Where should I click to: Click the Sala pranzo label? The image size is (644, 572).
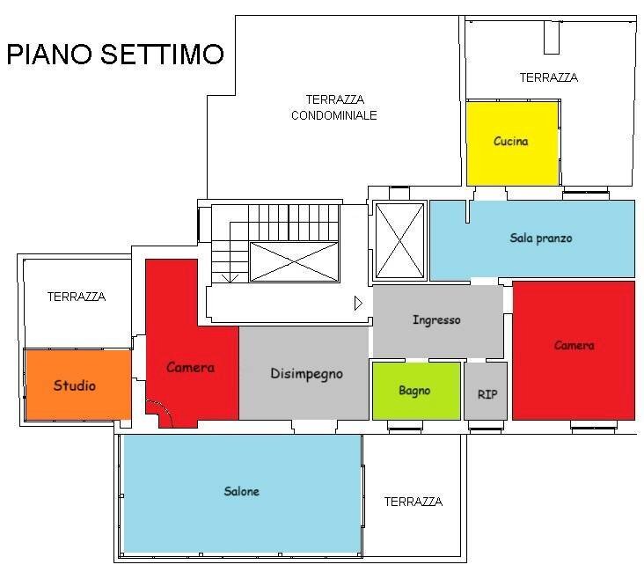click(541, 238)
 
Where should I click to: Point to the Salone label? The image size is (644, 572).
click(241, 491)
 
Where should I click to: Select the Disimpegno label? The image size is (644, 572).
click(305, 373)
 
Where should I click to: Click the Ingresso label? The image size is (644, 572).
click(436, 320)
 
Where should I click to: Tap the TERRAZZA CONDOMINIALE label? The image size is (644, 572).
click(334, 107)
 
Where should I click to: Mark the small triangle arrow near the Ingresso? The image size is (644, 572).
click(357, 303)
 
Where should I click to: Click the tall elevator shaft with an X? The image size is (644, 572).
click(399, 239)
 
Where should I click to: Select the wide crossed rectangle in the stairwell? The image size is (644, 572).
click(294, 261)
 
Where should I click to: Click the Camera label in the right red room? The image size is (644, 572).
click(574, 346)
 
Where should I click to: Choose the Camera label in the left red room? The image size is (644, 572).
click(190, 367)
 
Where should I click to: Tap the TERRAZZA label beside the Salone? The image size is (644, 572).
click(413, 502)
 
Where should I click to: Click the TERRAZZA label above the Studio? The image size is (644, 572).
click(76, 297)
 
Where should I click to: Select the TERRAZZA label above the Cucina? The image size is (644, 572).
click(548, 77)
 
